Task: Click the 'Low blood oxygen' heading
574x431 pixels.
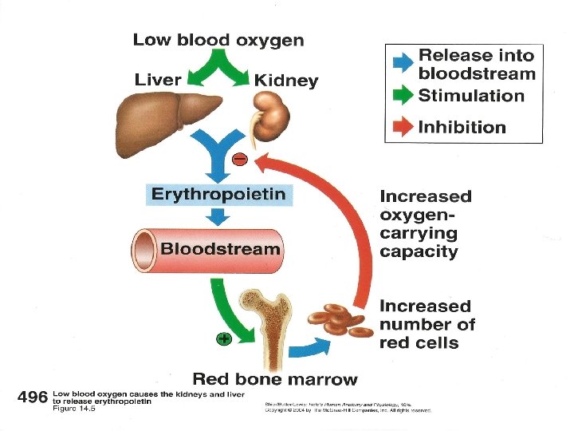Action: pos(218,40)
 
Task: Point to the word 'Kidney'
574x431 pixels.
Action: pos(285,81)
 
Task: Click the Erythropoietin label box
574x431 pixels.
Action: pos(218,194)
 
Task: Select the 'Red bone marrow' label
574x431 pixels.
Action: pos(275,379)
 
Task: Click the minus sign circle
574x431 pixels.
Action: pos(239,160)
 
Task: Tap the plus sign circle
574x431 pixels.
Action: pos(224,339)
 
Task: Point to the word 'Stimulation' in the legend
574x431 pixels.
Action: pos(472,96)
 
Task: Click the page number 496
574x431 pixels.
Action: pos(32,397)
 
